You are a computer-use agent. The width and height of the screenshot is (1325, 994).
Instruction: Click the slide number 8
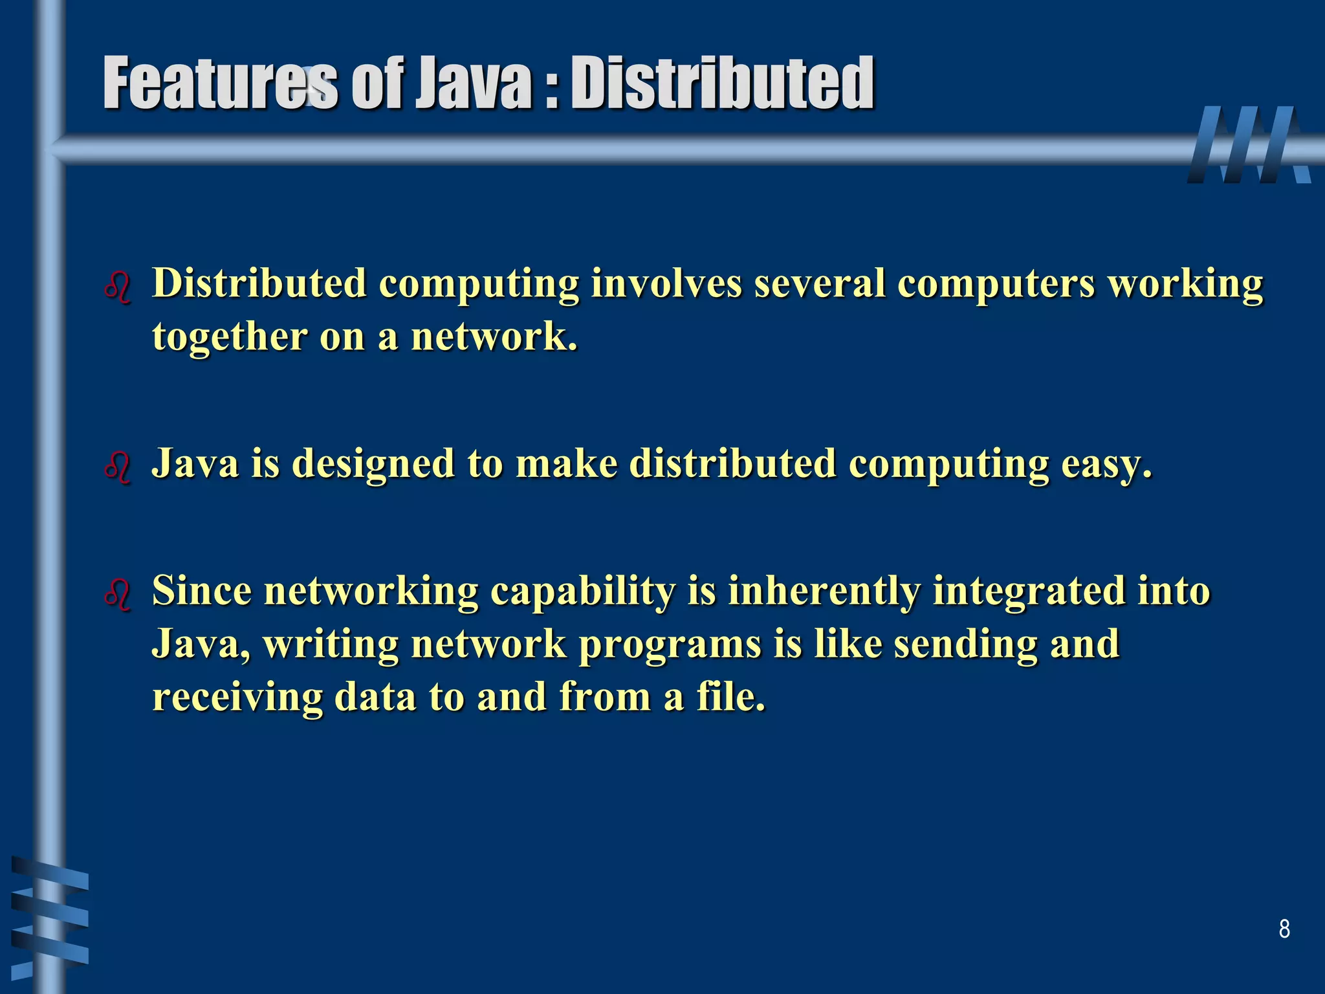click(1284, 929)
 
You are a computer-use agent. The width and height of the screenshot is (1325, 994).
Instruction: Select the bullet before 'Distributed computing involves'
click(117, 287)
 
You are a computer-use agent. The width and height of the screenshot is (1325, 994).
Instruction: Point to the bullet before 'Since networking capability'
click(117, 594)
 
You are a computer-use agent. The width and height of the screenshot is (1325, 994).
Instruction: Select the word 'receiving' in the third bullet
click(237, 698)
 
